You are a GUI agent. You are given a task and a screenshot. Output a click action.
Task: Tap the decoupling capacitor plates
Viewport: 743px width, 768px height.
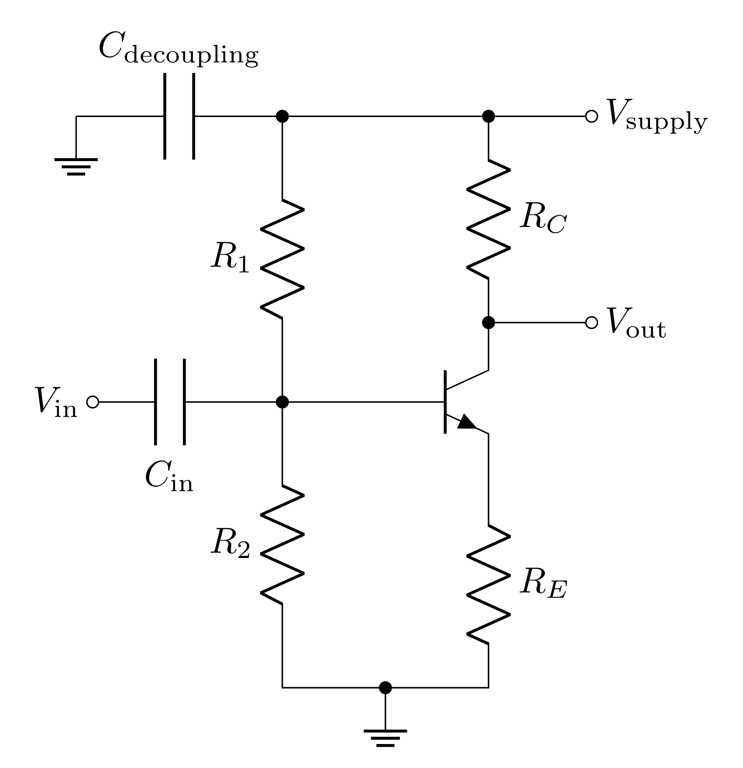(179, 117)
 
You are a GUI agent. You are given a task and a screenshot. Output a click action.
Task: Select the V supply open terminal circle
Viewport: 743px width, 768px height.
(591, 117)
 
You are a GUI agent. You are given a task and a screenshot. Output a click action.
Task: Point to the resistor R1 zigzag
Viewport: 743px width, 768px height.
(282, 258)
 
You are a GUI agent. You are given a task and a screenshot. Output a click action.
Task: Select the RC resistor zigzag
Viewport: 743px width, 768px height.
(488, 219)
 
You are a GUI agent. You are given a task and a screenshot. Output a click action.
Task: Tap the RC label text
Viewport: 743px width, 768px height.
(543, 218)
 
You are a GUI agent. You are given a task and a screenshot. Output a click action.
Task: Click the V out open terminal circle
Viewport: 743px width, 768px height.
(591, 323)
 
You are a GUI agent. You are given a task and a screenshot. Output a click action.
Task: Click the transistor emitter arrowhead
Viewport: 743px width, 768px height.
(467, 422)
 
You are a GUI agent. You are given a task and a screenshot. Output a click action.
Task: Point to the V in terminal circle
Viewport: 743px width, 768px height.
(93, 402)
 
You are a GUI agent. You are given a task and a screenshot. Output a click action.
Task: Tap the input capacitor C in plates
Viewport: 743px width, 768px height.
(170, 402)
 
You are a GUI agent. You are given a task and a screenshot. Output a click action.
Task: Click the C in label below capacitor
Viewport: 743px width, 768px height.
(169, 477)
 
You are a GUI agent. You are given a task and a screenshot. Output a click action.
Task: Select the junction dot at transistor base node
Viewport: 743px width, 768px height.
(282, 402)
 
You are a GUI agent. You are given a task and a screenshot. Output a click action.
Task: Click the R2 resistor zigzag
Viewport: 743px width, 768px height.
(282, 544)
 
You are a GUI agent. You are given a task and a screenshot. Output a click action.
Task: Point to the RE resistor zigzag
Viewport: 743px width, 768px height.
(488, 584)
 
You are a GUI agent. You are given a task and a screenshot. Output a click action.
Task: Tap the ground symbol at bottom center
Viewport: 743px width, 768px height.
(385, 737)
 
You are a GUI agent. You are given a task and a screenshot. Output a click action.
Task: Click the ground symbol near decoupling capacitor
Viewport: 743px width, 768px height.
(76, 166)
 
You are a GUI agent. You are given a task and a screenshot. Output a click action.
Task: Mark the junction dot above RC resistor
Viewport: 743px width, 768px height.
(488, 117)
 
